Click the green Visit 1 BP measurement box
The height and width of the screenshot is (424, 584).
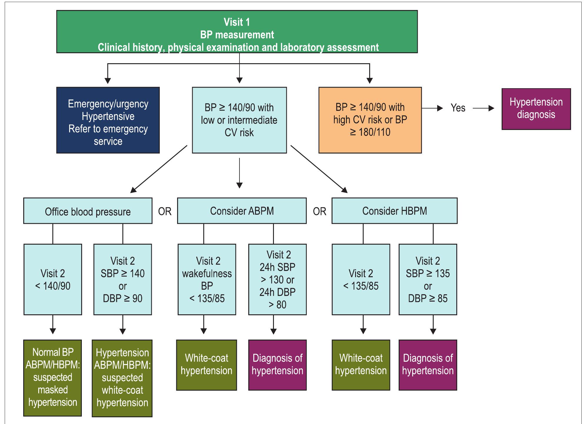pos(237,32)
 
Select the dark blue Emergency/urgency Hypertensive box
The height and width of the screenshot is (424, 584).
pos(108,120)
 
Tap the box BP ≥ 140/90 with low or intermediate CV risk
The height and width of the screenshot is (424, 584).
pos(239,120)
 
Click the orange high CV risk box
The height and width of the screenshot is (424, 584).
pos(370,120)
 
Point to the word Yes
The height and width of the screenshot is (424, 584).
pos(458,108)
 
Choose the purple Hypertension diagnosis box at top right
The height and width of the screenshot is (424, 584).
pos(536,109)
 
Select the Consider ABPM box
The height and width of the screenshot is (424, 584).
pos(242,211)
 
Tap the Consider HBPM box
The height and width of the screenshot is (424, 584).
pos(394,211)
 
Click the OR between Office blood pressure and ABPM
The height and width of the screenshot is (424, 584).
pos(165,211)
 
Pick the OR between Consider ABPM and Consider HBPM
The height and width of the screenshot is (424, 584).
pos(319,211)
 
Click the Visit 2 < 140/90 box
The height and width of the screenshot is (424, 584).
pos(53,279)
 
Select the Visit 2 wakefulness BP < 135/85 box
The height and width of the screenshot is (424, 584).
pos(207,279)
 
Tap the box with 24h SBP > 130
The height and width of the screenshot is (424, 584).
pos(277,279)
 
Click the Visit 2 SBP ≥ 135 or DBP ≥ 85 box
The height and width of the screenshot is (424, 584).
pos(427,279)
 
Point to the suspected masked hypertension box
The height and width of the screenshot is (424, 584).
pos(53,378)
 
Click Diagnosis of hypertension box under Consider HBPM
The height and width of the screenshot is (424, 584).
pos(427,365)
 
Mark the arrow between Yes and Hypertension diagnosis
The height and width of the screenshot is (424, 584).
pos(483,108)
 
